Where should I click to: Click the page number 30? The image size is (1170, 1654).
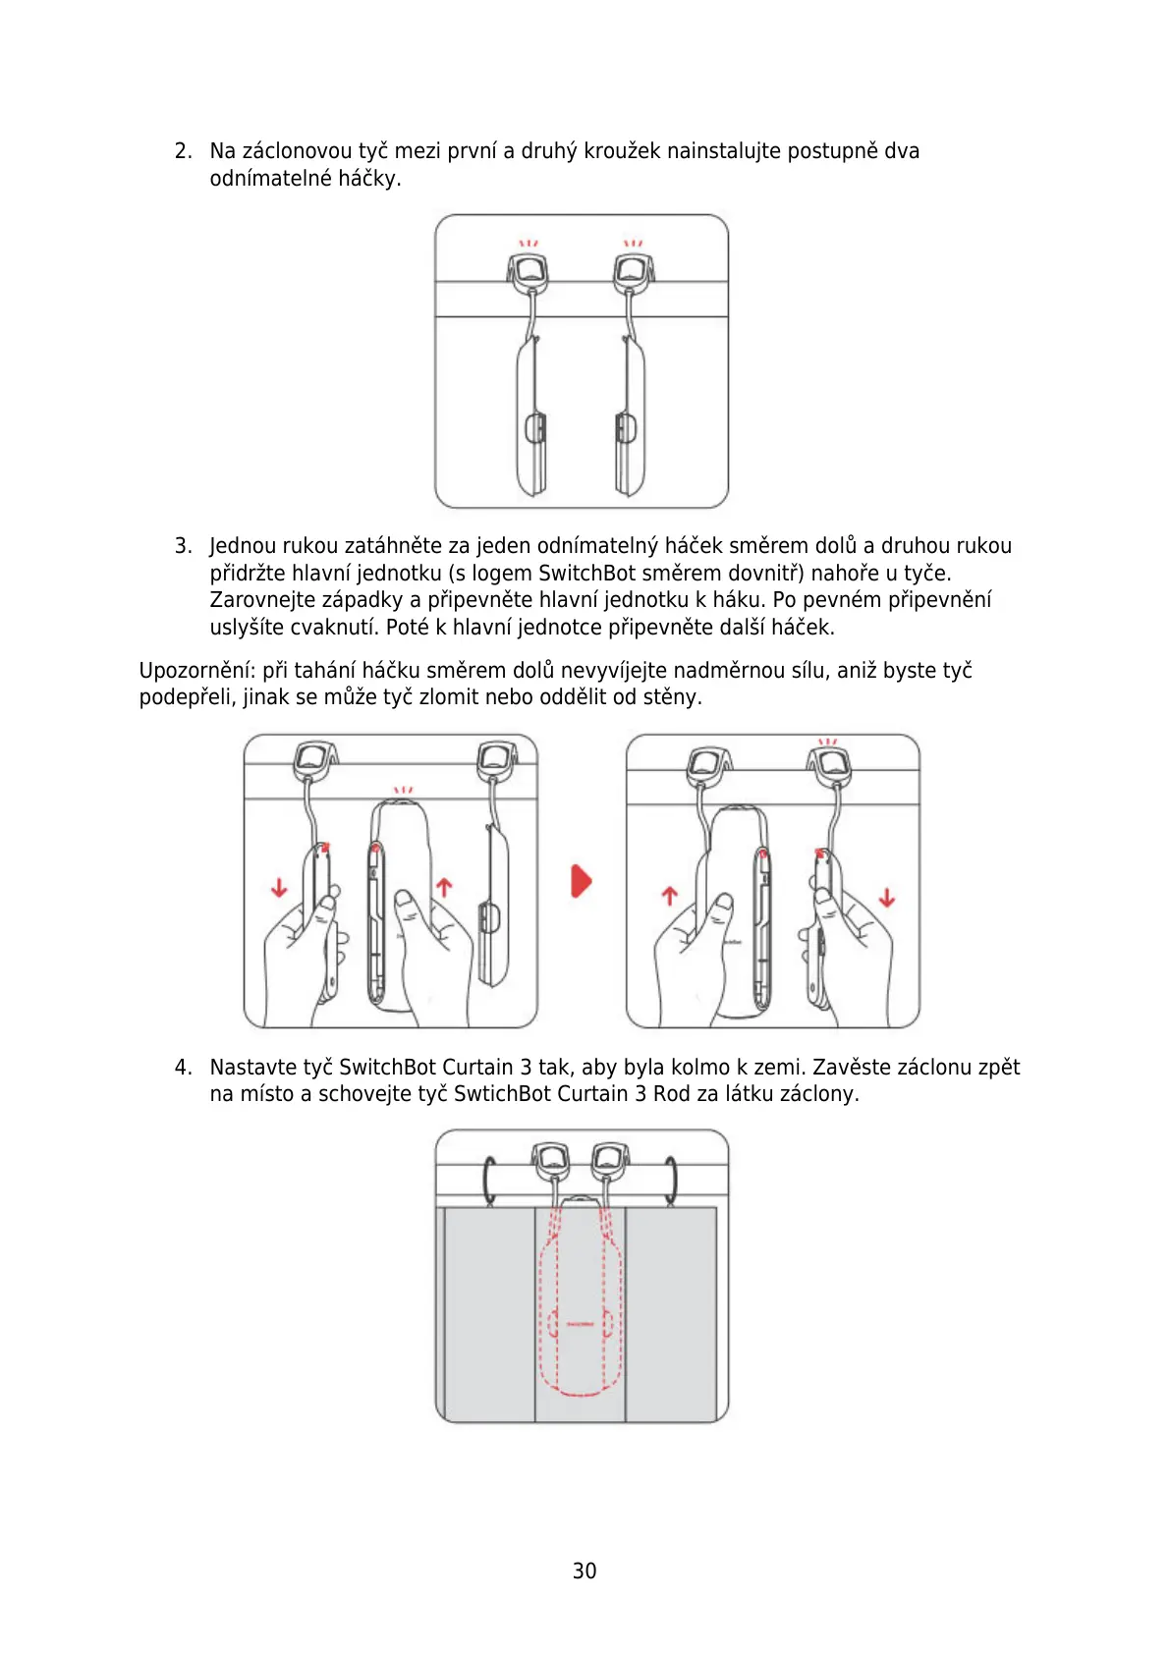point(584,1571)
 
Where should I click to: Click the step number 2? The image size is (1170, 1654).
point(182,151)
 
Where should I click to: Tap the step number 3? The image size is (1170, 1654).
point(182,546)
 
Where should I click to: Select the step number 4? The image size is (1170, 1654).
point(182,1068)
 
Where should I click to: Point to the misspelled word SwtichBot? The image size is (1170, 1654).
point(499,1094)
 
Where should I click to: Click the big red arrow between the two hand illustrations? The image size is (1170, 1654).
point(582,881)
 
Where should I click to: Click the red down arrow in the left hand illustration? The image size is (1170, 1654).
point(279,887)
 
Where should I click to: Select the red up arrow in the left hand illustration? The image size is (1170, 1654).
point(444,887)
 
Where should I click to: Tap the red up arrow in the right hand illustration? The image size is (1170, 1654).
point(669,895)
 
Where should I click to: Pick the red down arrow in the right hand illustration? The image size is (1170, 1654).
point(887,897)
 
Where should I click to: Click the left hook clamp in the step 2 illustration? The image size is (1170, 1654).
point(529,272)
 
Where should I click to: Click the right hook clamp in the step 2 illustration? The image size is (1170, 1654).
point(634,272)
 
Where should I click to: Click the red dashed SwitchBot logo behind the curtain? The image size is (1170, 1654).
point(581,1324)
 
